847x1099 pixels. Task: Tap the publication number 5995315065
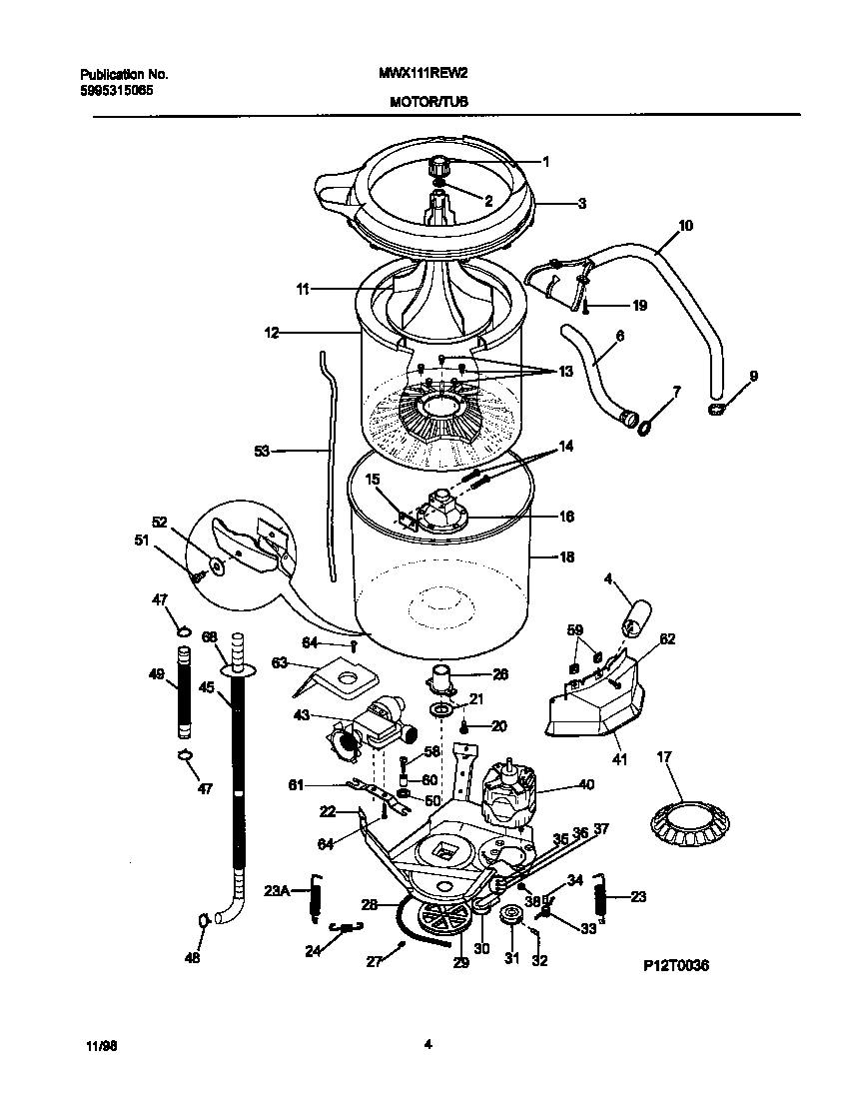tap(116, 89)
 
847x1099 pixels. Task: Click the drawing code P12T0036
tap(675, 967)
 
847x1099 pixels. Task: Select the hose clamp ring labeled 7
tap(645, 428)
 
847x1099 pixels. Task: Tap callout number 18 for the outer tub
tap(566, 557)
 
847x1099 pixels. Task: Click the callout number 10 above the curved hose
tap(684, 226)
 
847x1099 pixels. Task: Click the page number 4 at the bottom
tap(426, 1046)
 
